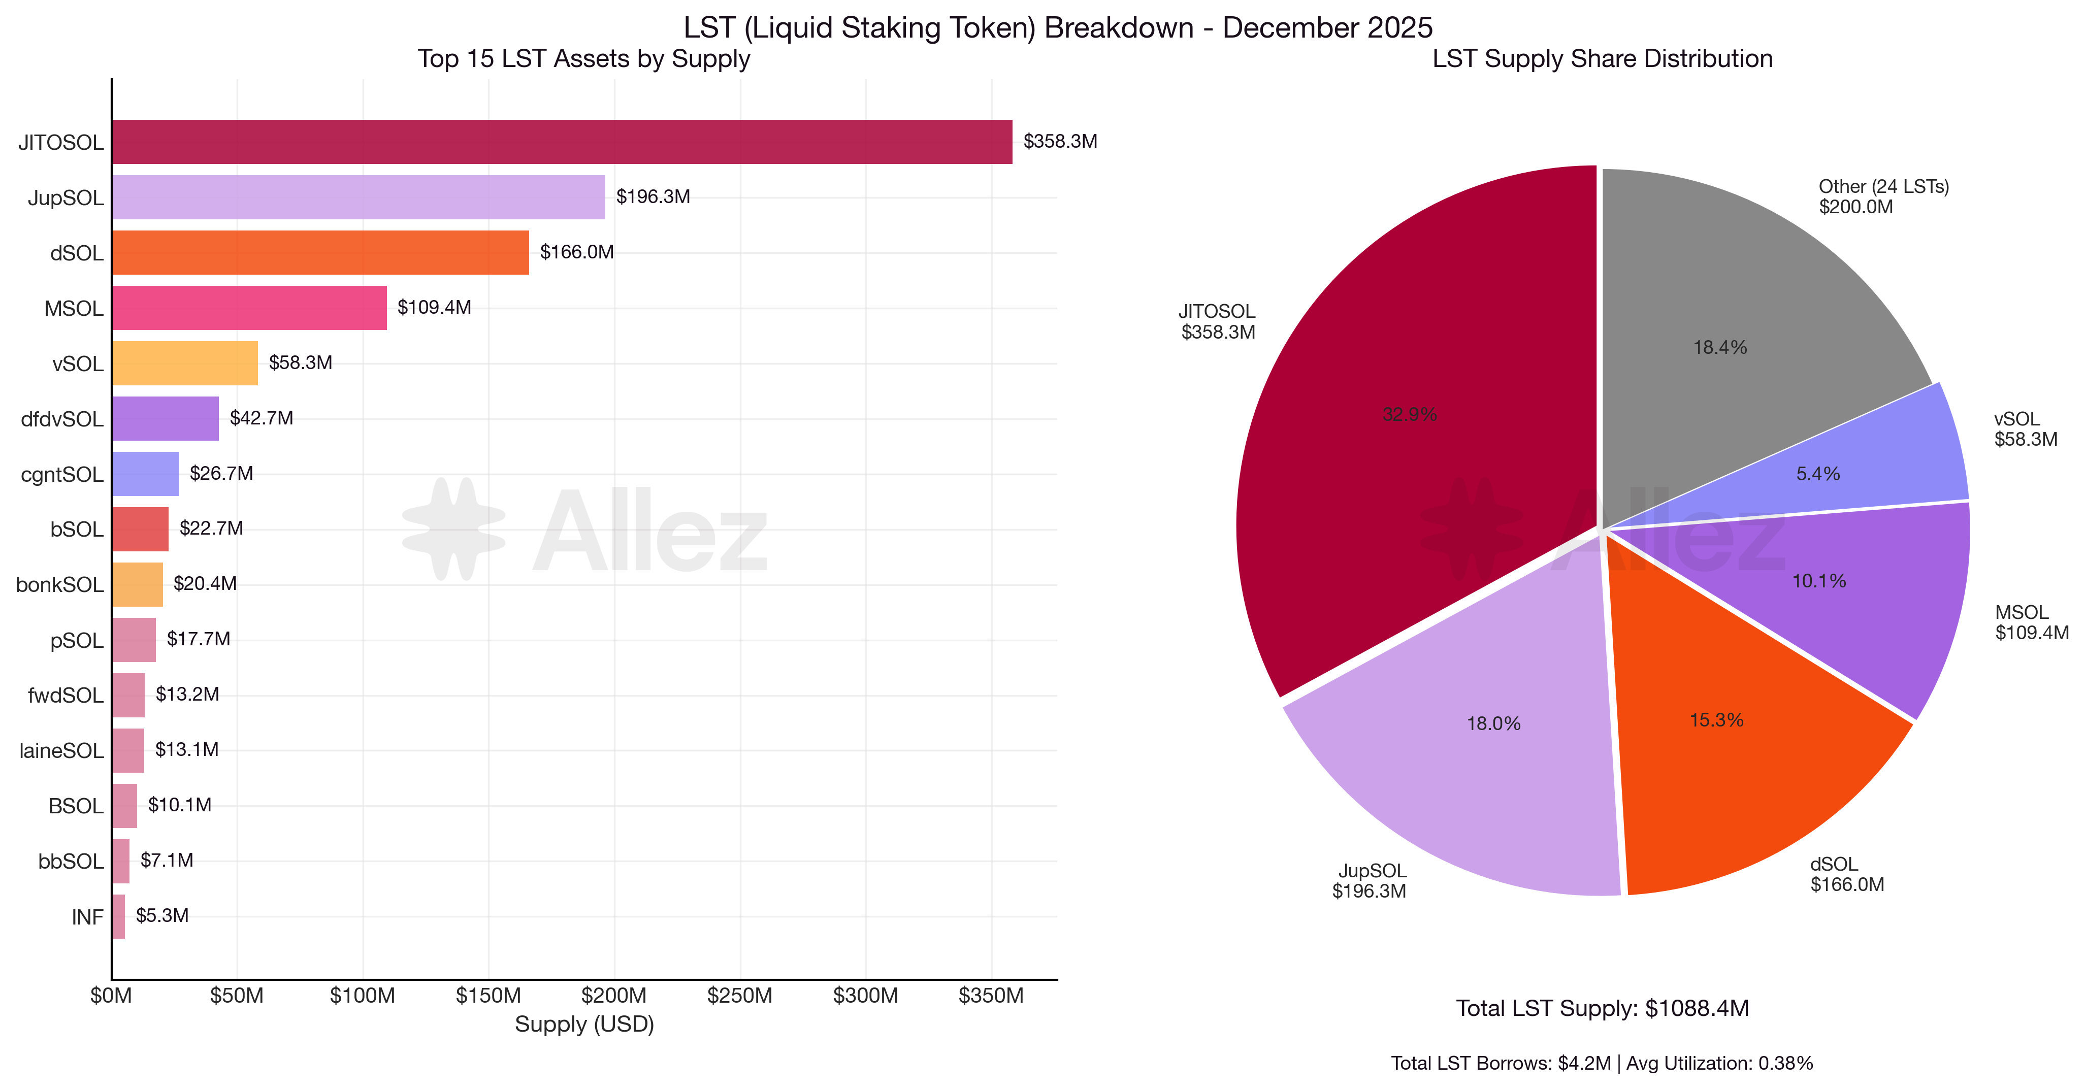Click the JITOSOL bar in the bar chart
(562, 142)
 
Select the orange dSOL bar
(320, 252)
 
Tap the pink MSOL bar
(249, 308)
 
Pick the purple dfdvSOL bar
(165, 418)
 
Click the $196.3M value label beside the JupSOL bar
(653, 196)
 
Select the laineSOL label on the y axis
(61, 751)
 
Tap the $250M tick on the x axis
(740, 995)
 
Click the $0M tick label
(111, 995)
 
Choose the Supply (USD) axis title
(584, 1025)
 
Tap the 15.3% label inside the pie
(1716, 720)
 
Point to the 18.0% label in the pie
(1493, 723)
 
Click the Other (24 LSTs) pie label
(1883, 187)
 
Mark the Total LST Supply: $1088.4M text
(1602, 1008)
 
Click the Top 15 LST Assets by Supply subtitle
(583, 59)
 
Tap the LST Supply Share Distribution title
(1602, 59)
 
